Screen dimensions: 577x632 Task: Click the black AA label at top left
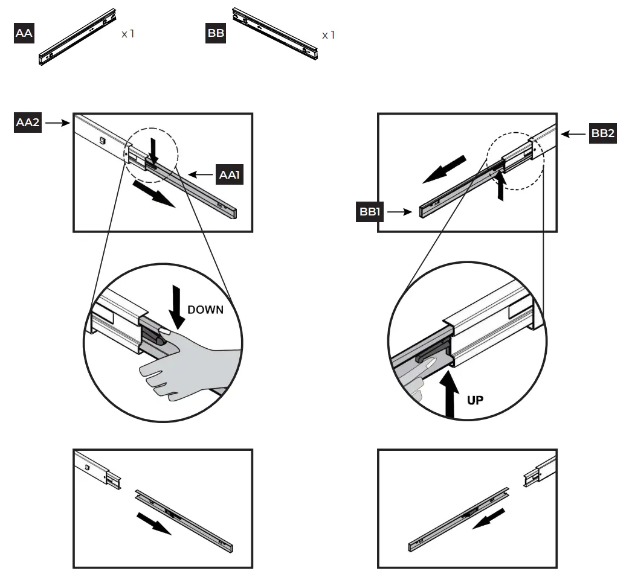(23, 33)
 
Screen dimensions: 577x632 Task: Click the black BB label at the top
(216, 33)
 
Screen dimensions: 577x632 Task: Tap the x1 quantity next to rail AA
(127, 34)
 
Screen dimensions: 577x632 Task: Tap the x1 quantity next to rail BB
(328, 35)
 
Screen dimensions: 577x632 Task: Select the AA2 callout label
(28, 123)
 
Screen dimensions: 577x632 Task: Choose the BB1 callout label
(369, 212)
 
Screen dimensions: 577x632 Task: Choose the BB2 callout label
(602, 133)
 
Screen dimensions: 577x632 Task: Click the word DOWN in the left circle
(205, 310)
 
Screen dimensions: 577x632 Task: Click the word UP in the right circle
(475, 400)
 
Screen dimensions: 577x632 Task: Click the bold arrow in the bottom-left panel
(152, 522)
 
